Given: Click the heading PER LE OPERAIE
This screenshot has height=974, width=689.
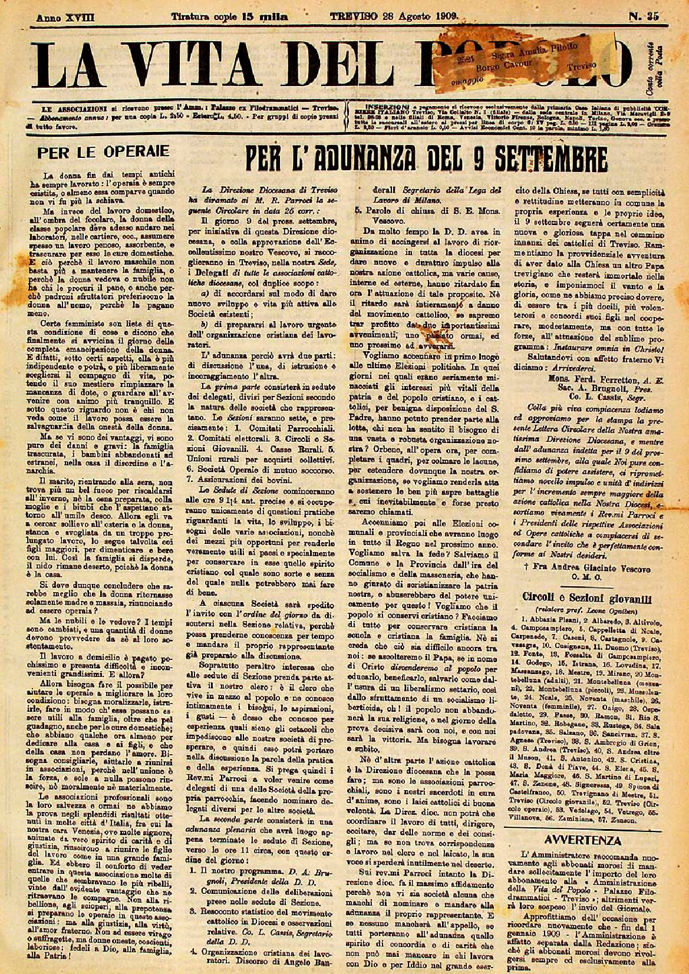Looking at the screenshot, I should (103, 151).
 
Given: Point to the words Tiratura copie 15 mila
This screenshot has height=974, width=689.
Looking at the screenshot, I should (230, 17).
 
